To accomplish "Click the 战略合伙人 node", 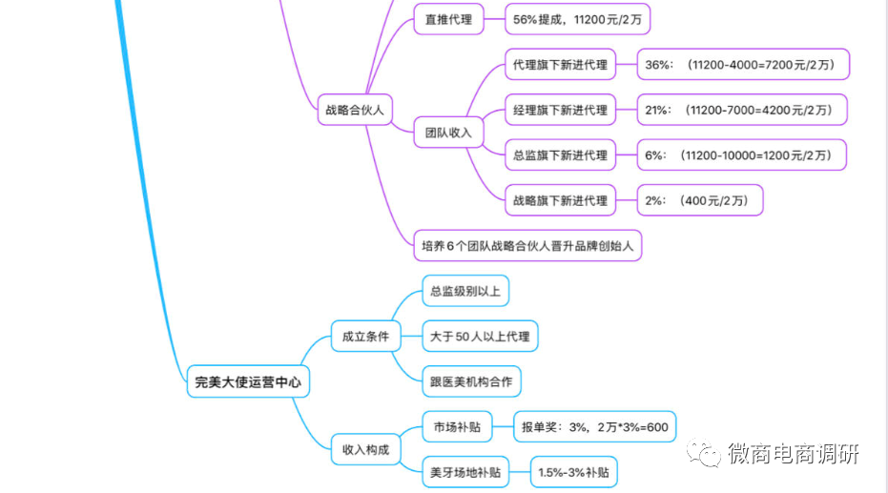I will [x=354, y=110].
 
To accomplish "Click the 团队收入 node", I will [x=448, y=133].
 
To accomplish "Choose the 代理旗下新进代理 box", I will [x=560, y=65].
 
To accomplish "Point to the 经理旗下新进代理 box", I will [x=560, y=110].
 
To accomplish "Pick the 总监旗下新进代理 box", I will [x=560, y=154].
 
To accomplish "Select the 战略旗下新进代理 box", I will [x=560, y=200].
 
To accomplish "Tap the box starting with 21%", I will [x=741, y=110].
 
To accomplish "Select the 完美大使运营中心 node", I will [x=247, y=381].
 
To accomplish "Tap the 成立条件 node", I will [x=365, y=336].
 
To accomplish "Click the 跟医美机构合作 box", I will [x=471, y=381].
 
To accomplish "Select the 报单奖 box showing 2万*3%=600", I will [x=594, y=427].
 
